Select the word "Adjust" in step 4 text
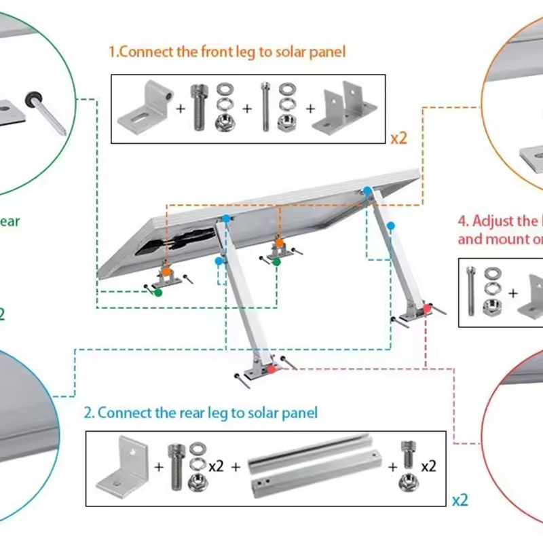[493, 221]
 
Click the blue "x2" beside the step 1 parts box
[398, 138]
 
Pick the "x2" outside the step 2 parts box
[460, 501]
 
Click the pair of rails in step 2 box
[313, 468]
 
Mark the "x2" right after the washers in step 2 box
[217, 466]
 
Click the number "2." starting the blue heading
[89, 413]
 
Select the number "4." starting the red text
[464, 221]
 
